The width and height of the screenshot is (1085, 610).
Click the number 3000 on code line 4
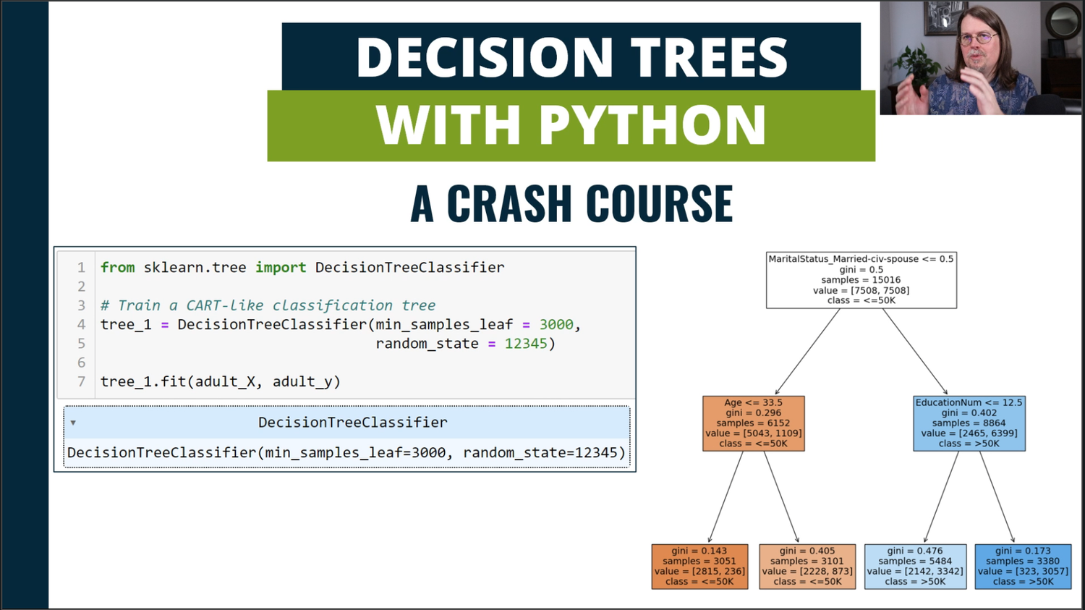[x=556, y=324]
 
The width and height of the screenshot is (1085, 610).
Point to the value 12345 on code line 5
[x=526, y=344]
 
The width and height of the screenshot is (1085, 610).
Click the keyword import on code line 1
[x=280, y=267]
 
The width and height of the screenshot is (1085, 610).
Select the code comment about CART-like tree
[x=268, y=305]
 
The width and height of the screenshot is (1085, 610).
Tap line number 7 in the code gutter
[x=81, y=381]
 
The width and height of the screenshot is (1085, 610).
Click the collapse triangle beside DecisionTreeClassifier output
[x=73, y=423]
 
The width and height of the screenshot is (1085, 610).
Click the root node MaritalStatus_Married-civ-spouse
[x=861, y=279]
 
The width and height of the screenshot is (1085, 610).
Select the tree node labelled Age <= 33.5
[x=753, y=423]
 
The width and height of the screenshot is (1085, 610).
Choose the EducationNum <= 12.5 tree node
[x=969, y=423]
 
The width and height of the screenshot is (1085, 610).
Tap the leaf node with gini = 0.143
[x=699, y=566]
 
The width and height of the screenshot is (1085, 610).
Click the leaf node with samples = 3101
[x=807, y=566]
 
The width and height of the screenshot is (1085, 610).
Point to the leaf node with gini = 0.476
[x=914, y=566]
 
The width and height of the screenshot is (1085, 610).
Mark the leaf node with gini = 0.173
[x=1022, y=566]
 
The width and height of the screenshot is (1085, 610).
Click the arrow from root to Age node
[x=807, y=352]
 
